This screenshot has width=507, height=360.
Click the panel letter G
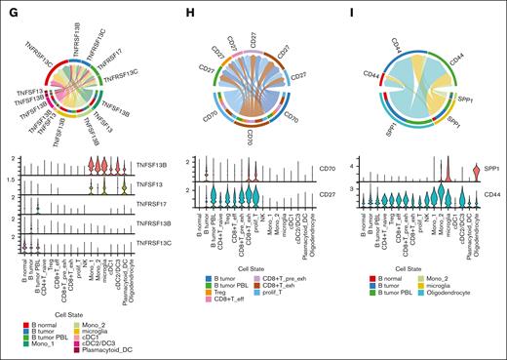(8, 8)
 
